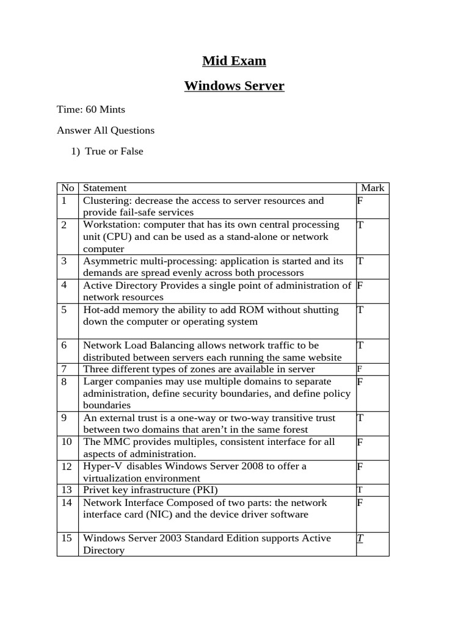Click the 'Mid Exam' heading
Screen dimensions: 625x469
coord(234,61)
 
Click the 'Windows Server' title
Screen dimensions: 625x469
coord(234,86)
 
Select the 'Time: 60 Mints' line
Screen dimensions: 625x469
coord(91,110)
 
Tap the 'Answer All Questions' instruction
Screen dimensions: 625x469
coord(106,131)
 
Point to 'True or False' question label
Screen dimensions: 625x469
coord(114,151)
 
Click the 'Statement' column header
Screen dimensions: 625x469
coord(104,188)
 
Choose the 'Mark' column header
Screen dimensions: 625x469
coord(373,188)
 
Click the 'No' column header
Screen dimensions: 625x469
coord(66,188)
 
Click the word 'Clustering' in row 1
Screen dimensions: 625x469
coord(107,200)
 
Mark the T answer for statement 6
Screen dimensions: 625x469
coord(360,345)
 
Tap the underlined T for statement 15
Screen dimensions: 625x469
coord(360,538)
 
